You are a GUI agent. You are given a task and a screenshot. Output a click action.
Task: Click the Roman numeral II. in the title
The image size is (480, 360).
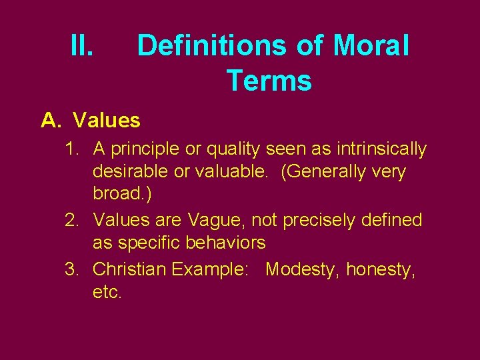(84, 46)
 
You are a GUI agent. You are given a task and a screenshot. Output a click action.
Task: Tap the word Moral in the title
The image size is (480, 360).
(371, 46)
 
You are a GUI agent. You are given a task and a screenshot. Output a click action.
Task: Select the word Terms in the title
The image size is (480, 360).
(269, 81)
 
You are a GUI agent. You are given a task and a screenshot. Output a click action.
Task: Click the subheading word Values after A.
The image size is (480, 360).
(107, 121)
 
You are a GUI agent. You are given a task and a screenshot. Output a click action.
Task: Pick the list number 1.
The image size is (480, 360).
(72, 149)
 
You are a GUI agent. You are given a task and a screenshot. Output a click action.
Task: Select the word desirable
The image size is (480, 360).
(131, 171)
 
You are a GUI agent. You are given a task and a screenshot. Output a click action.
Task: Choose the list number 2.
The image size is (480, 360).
(72, 219)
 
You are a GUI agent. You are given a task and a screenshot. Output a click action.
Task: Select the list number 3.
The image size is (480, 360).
(72, 269)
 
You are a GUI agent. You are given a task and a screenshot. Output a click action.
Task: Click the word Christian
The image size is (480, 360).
(129, 269)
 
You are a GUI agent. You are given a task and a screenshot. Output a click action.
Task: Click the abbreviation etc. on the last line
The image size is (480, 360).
(107, 292)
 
